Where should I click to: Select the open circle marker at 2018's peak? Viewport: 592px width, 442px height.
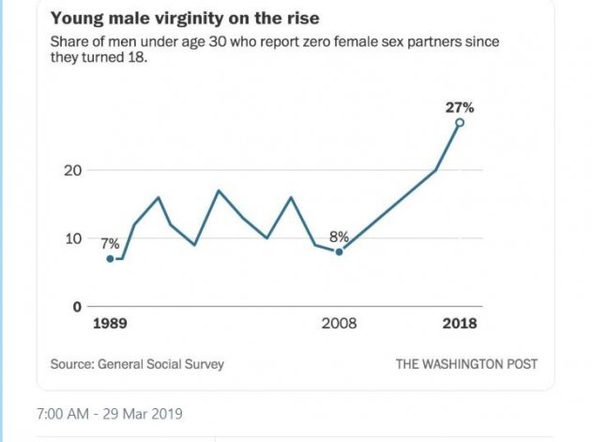coord(460,123)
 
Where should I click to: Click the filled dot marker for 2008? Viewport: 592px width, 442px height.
coord(339,251)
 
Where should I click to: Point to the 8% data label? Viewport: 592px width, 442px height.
coord(338,236)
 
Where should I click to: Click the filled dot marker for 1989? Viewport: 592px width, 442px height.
coord(111,258)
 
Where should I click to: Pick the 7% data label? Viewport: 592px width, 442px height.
coord(110,243)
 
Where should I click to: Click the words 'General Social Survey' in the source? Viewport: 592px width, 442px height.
coord(160,364)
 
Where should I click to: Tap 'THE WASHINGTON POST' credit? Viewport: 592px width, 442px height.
coord(466,364)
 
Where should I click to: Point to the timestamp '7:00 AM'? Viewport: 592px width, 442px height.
coord(63,414)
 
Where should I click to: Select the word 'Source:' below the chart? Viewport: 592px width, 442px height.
coord(71,364)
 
